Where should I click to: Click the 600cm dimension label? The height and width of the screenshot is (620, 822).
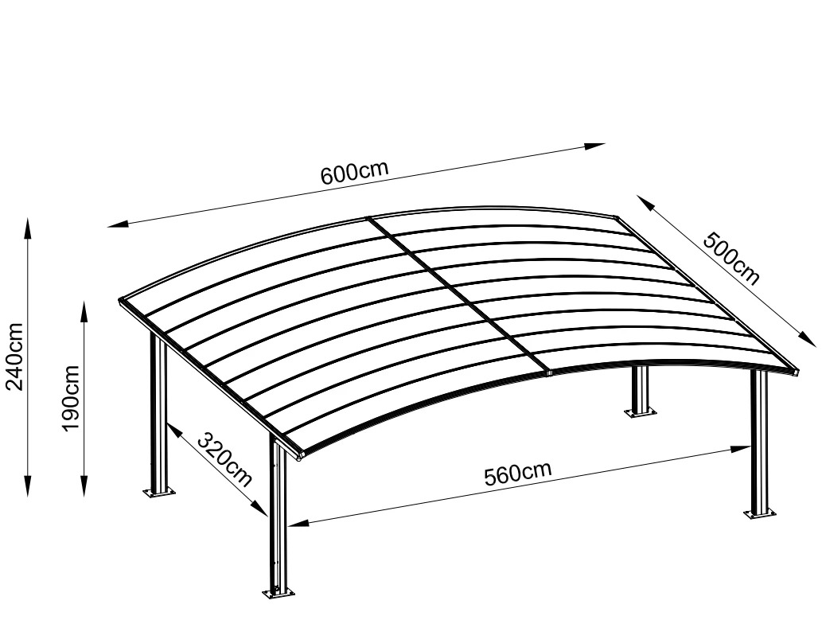355,172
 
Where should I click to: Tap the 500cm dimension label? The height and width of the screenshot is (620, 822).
730,259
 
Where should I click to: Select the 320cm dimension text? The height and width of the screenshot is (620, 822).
225,459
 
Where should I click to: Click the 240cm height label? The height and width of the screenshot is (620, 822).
14,356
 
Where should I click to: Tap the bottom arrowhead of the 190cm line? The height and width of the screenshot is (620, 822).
84,485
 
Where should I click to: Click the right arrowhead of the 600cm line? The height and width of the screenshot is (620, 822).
594,146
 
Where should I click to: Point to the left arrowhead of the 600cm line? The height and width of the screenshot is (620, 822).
119,224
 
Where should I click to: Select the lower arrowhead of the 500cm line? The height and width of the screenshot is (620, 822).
808,338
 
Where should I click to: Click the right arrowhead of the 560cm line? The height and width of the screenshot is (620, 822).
740,449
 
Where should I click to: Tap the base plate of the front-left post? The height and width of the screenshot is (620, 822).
279,592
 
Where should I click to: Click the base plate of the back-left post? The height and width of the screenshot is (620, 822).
159,493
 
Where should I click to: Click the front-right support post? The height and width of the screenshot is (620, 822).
760,442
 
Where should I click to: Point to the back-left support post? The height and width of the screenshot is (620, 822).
158,412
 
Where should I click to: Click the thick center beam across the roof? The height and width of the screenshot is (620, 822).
459,294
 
